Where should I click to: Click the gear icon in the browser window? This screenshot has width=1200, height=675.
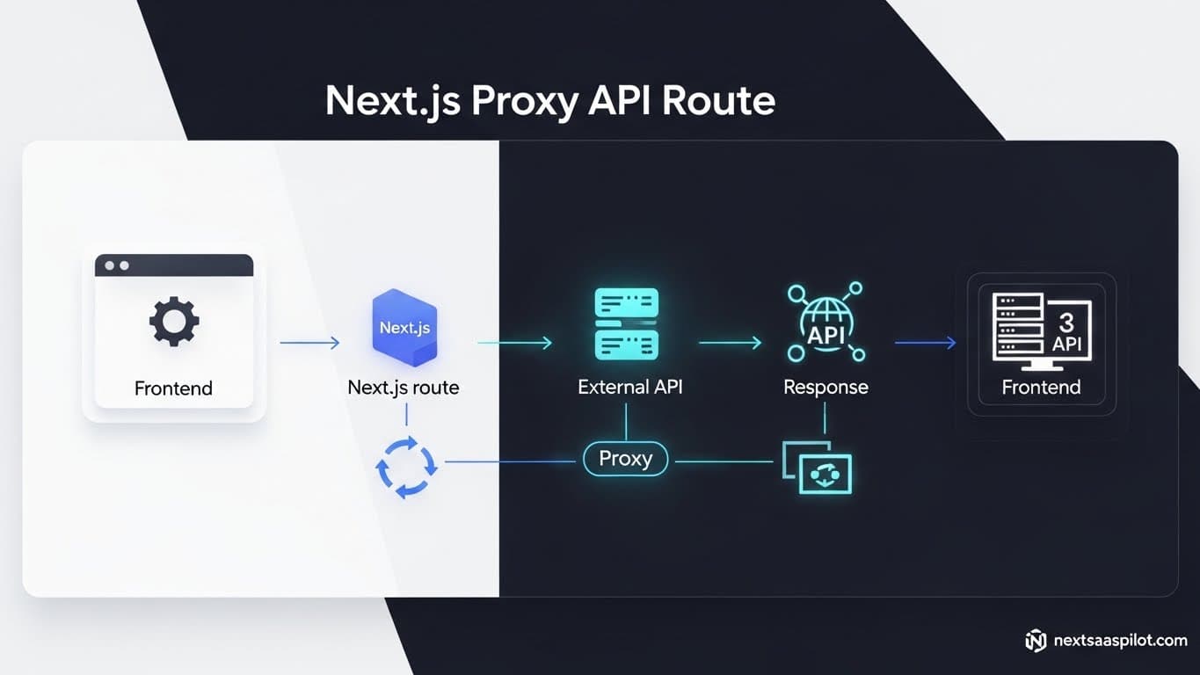click(173, 321)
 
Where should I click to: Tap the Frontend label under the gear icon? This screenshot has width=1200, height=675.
click(173, 388)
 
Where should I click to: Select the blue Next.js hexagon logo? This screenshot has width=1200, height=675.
click(404, 327)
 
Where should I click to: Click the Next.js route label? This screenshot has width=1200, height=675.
click(404, 387)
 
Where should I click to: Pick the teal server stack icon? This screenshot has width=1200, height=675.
click(626, 323)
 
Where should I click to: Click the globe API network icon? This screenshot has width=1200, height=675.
click(825, 323)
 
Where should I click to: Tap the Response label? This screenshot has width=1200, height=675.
click(825, 387)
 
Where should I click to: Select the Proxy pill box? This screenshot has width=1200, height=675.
click(625, 458)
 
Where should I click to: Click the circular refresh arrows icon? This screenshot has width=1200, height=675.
click(406, 468)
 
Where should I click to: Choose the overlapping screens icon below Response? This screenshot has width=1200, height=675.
click(818, 467)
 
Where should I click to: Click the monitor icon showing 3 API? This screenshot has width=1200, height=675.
click(1041, 329)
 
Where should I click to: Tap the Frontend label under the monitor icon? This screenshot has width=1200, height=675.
click(1041, 387)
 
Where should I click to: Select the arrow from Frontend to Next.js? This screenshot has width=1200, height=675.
click(309, 343)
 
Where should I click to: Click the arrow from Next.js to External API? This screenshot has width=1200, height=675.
click(515, 343)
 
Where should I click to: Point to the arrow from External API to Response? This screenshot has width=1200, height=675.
click(730, 343)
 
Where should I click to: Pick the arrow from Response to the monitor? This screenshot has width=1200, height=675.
click(925, 343)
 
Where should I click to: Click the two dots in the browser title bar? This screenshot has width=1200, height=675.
click(117, 265)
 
